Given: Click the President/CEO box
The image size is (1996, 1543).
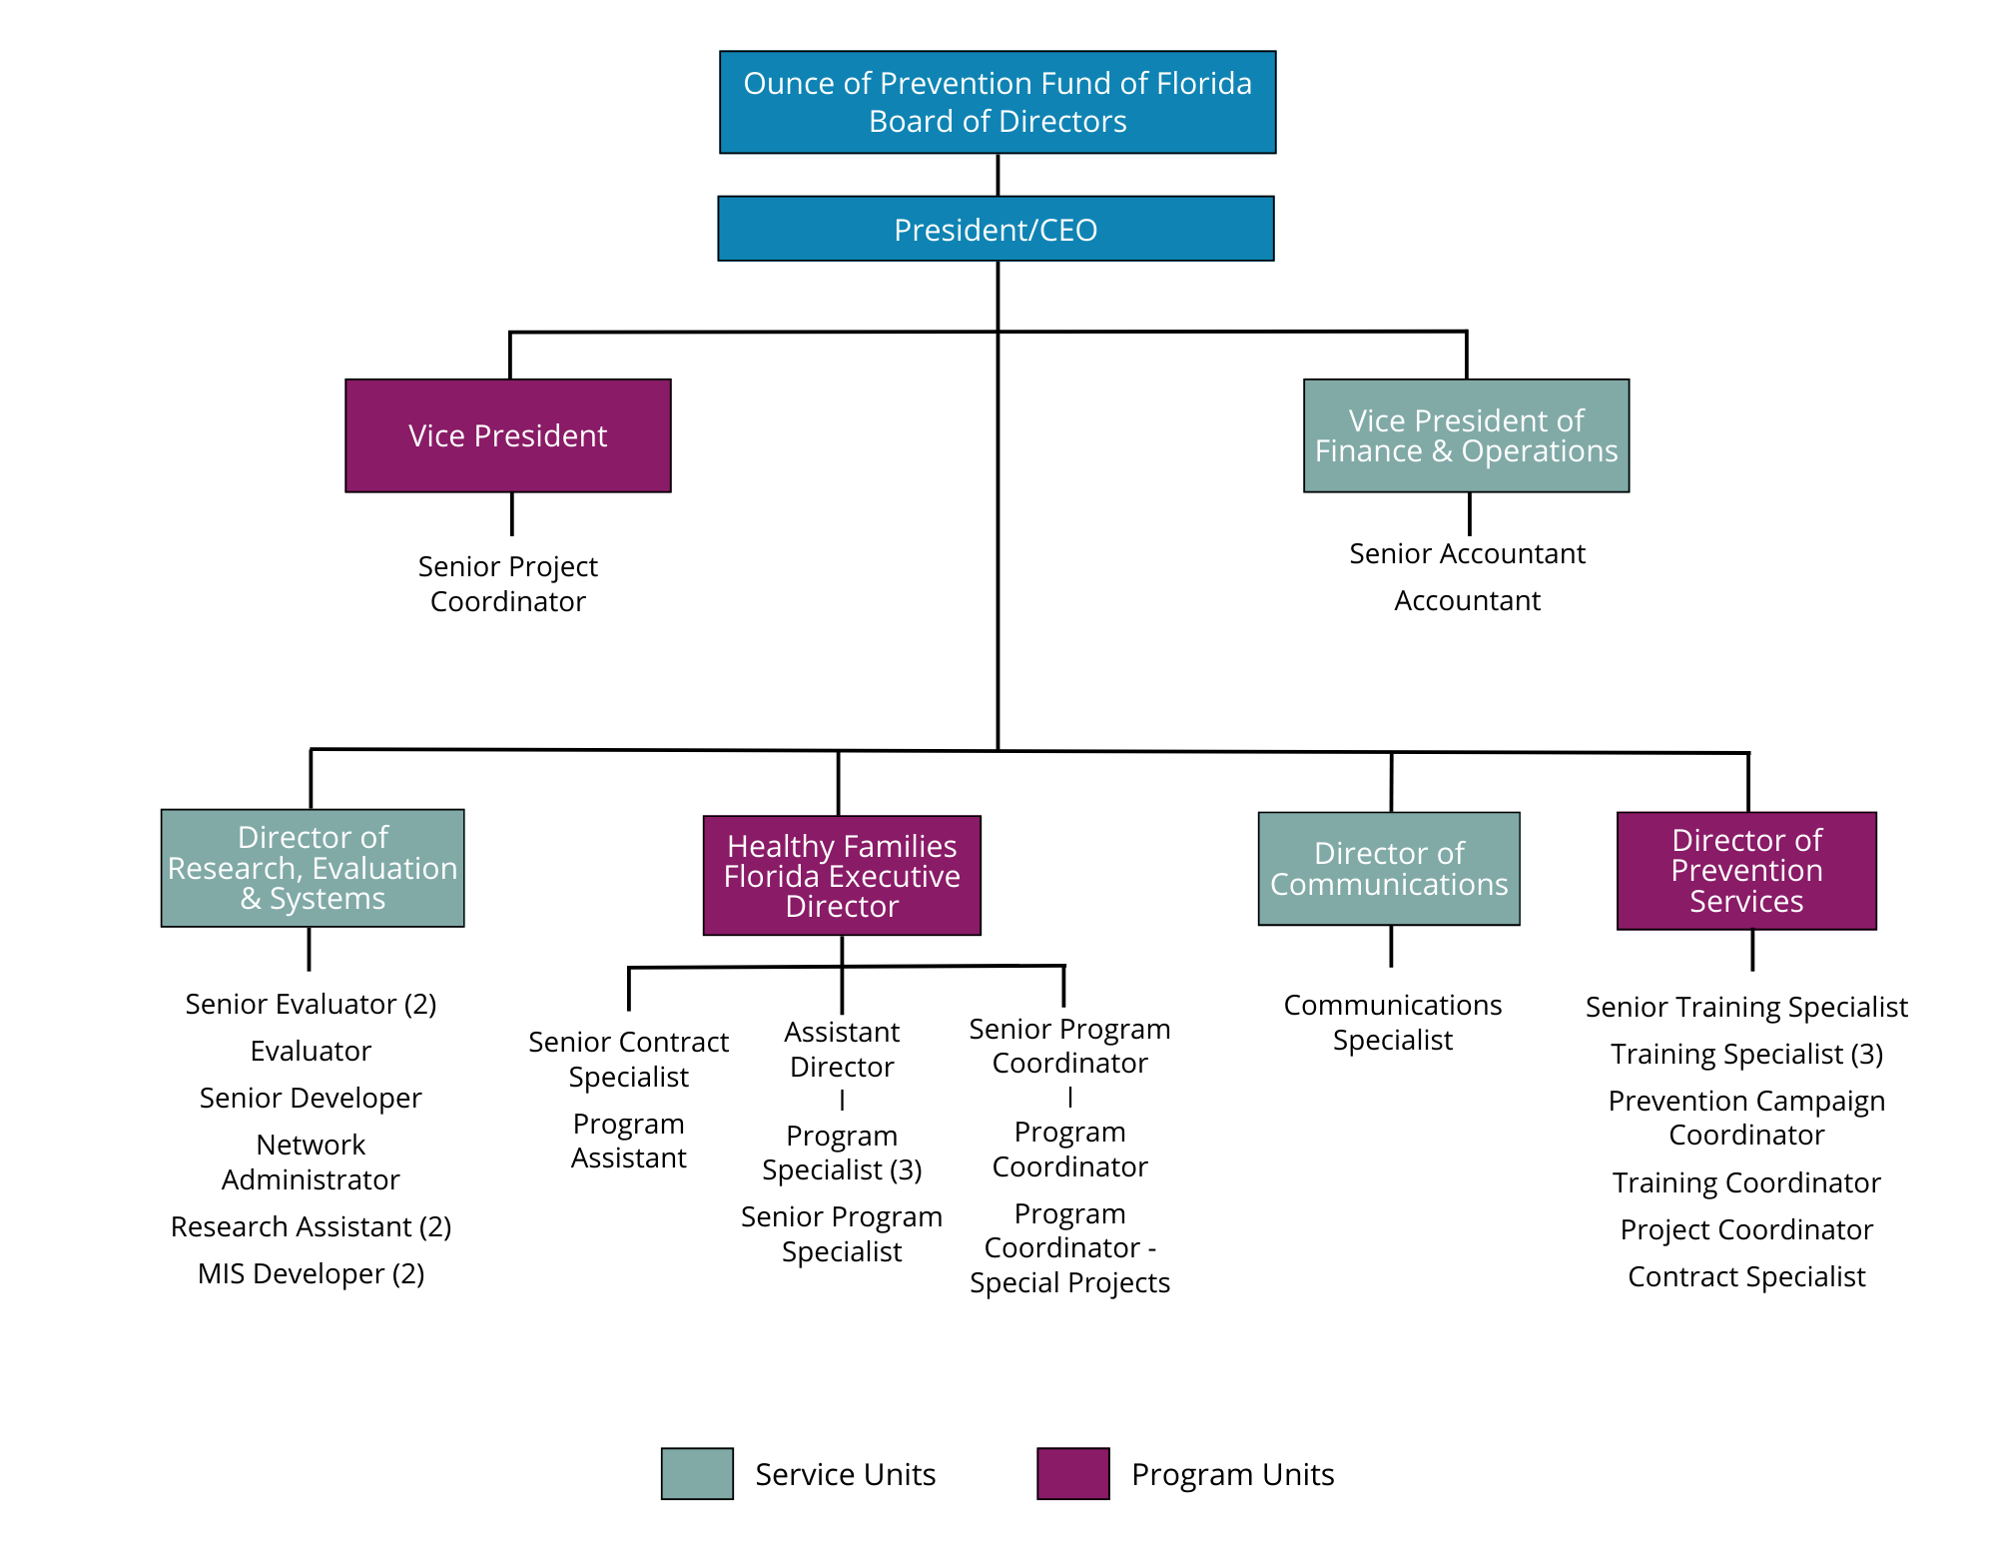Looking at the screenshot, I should pyautogui.click(x=996, y=229).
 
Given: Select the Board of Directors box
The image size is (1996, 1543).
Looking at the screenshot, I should pyautogui.click(x=998, y=102).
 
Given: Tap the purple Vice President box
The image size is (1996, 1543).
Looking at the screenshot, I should pyautogui.click(x=507, y=435).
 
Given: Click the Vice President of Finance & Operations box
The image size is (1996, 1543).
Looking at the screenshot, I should pyautogui.click(x=1466, y=435).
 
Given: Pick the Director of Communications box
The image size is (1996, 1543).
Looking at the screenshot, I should pyautogui.click(x=1389, y=868).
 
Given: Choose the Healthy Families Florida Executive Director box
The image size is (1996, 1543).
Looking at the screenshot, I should pyautogui.click(x=842, y=875).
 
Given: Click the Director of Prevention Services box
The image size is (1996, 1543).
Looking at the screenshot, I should pyautogui.click(x=1746, y=870).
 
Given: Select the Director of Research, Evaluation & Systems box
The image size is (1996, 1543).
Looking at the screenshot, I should pyautogui.click(x=313, y=868).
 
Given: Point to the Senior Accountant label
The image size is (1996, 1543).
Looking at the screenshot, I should pyautogui.click(x=1467, y=553).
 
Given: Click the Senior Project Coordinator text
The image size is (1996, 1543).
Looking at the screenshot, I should pyautogui.click(x=507, y=583).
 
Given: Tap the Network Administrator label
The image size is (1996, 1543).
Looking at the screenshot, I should pyautogui.click(x=311, y=1161).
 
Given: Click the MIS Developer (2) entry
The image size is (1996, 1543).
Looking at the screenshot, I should pyautogui.click(x=311, y=1273).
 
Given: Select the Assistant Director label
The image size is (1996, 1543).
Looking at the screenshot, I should pyautogui.click(x=842, y=1049).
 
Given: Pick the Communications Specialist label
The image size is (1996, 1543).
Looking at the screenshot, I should pyautogui.click(x=1392, y=1022).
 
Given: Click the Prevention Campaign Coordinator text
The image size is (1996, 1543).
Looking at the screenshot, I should pyautogui.click(x=1746, y=1118).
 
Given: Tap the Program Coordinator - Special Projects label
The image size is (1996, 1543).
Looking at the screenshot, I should pyautogui.click(x=1069, y=1247).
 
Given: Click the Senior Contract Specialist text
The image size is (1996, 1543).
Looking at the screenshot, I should pyautogui.click(x=628, y=1059).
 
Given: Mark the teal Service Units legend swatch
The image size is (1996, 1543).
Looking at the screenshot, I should pyautogui.click(x=697, y=1473).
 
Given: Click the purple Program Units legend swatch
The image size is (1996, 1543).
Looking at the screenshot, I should pyautogui.click(x=1072, y=1473).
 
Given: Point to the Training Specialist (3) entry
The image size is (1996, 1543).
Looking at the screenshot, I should pyautogui.click(x=1746, y=1054).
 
